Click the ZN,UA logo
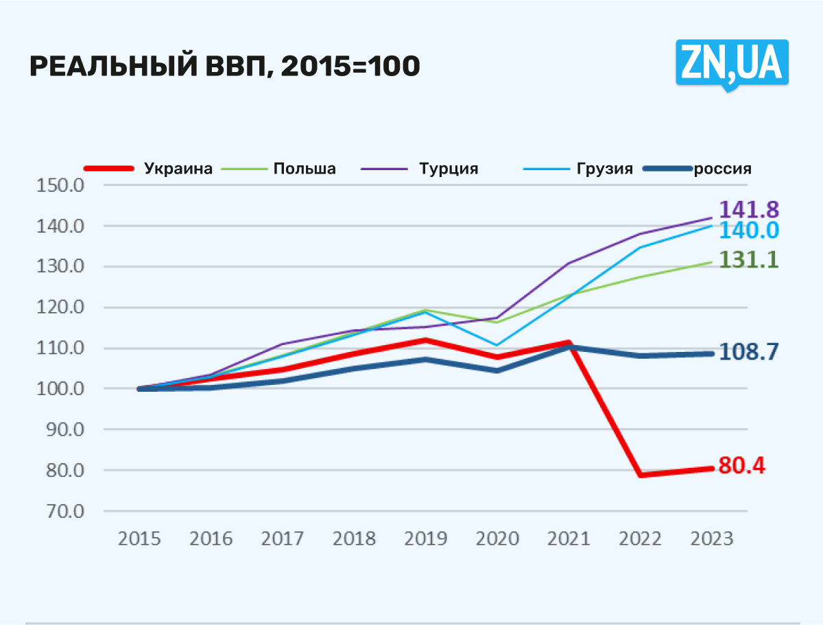point(732,63)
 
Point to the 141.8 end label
point(748,210)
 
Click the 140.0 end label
point(748,231)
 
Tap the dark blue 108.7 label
point(748,352)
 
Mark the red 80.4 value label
point(741,467)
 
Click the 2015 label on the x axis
point(139,539)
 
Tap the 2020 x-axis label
point(497,539)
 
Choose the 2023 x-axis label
point(711,539)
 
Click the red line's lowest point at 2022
point(641,475)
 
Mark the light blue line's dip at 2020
point(497,345)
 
